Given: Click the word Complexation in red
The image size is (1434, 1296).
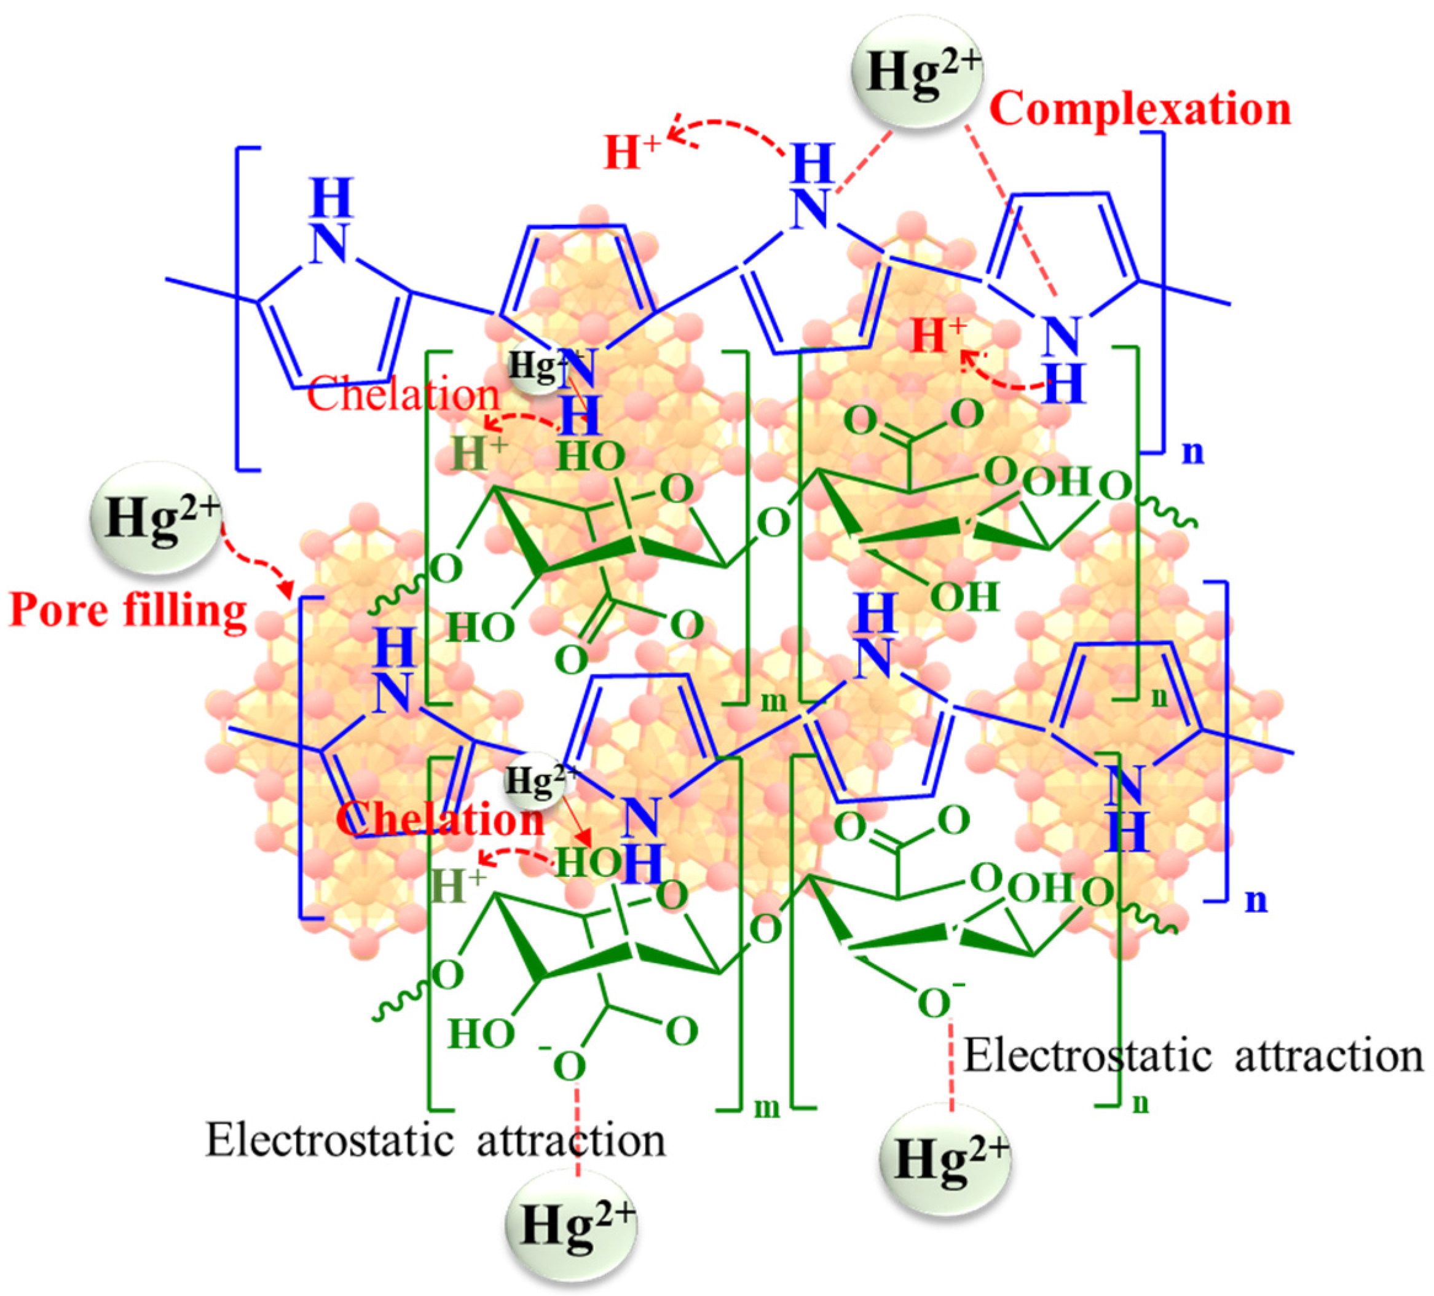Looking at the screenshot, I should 1140,109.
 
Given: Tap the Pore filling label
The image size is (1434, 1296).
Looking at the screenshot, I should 128,611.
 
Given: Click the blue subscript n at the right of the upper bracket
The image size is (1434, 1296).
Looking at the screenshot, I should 1193,452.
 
